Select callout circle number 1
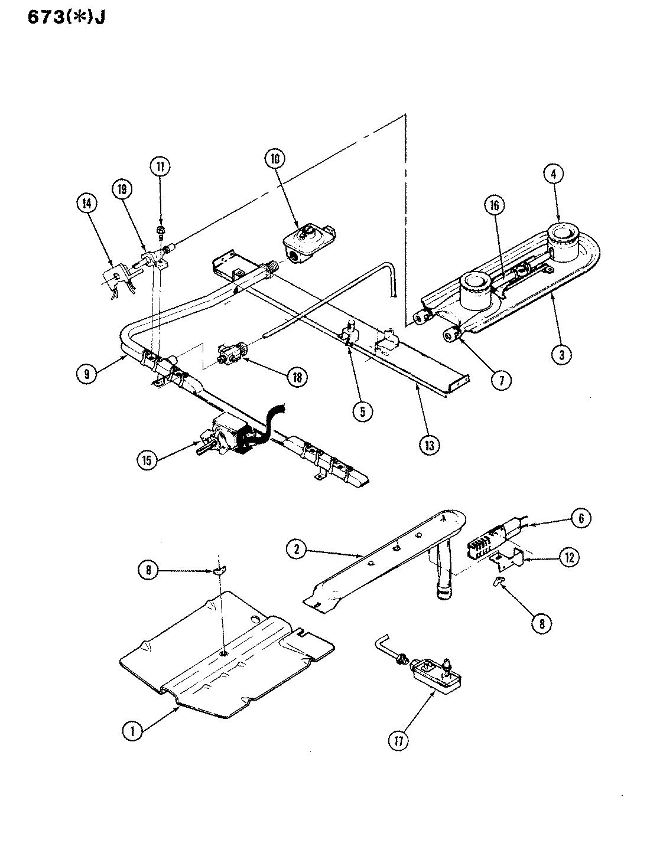coord(133,731)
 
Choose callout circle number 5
coord(363,412)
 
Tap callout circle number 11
coord(160,167)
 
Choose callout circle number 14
coord(87,204)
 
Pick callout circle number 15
coord(147,460)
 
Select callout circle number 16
coord(494,205)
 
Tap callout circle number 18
coord(297,377)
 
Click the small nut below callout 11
coord(160,230)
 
